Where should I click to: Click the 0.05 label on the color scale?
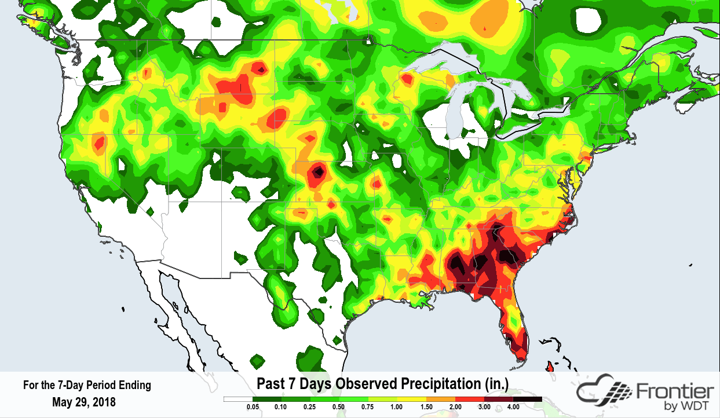click(x=253, y=408)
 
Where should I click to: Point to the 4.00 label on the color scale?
click(x=513, y=408)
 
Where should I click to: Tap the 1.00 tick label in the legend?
click(x=397, y=408)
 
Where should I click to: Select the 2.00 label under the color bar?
click(x=455, y=408)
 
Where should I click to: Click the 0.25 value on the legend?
click(x=310, y=408)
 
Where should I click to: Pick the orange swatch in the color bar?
click(x=441, y=399)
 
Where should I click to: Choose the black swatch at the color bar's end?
click(x=528, y=399)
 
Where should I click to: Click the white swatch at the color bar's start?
click(x=238, y=399)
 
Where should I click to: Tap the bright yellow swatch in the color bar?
click(x=412, y=399)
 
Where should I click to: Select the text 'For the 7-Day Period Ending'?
click(x=86, y=385)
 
